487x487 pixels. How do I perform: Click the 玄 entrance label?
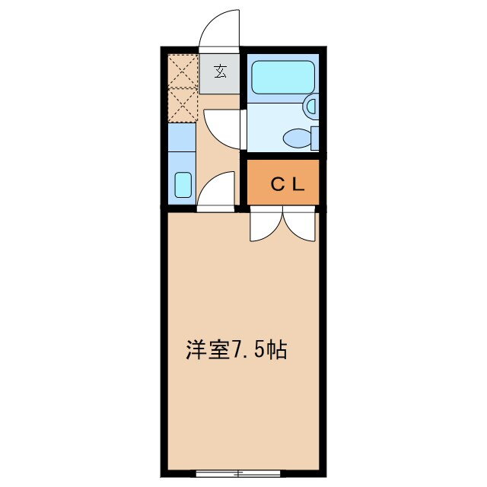click(221, 72)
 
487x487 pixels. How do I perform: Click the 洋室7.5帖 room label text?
click(236, 351)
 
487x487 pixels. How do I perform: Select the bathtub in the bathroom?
click(283, 77)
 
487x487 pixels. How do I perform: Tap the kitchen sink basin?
click(183, 185)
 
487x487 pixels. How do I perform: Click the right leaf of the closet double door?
click(299, 226)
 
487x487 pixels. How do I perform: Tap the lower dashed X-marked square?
click(183, 105)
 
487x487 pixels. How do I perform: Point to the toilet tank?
click(314, 138)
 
